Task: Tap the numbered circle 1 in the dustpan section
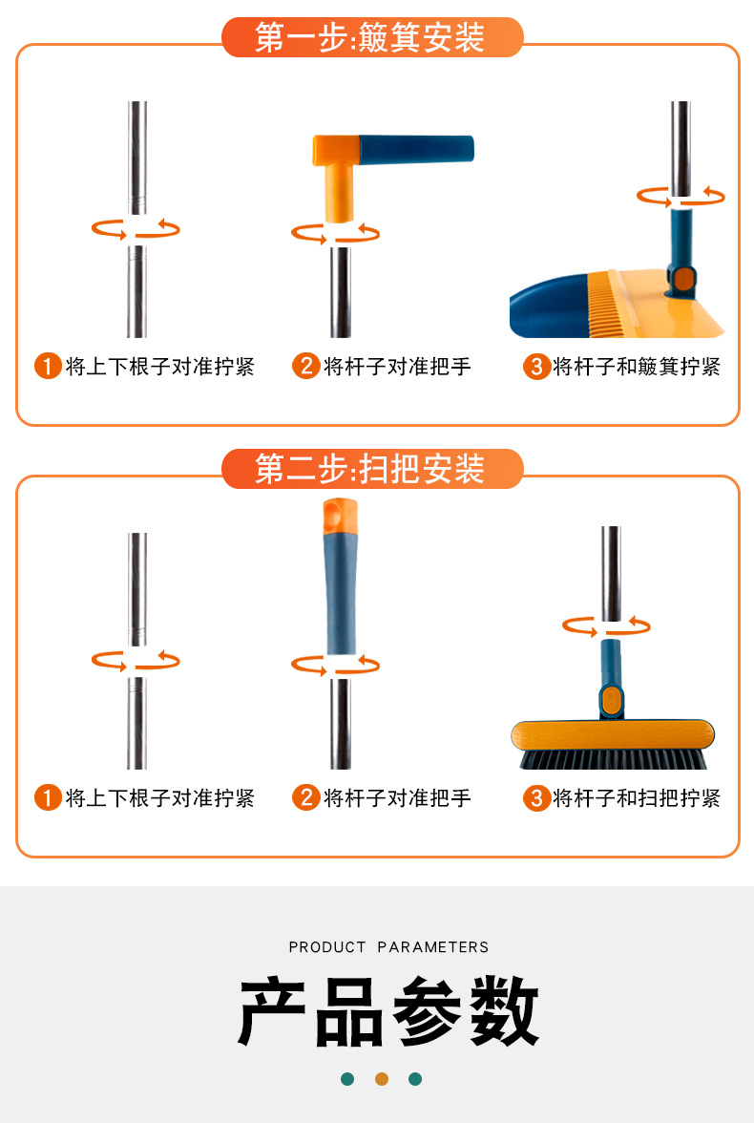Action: (x=48, y=366)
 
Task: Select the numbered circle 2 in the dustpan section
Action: (x=305, y=366)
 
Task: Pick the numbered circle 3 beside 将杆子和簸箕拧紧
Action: (x=536, y=366)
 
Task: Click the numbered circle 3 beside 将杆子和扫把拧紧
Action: (x=536, y=797)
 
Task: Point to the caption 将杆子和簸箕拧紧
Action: (x=637, y=366)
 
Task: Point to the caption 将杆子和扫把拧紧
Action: (x=637, y=797)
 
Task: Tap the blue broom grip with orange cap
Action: (x=341, y=583)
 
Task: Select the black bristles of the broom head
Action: (x=612, y=759)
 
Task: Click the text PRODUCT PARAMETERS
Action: (x=388, y=947)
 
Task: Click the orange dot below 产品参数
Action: (x=382, y=1079)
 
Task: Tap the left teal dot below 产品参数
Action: (x=347, y=1079)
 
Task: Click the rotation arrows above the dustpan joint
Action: (x=681, y=197)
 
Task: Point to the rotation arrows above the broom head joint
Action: (x=606, y=626)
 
